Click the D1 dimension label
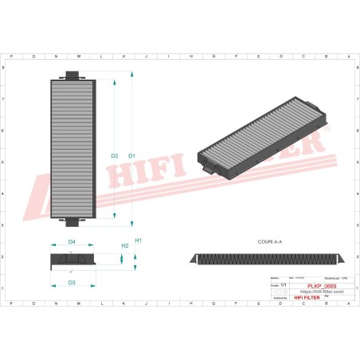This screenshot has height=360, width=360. [x=132, y=155]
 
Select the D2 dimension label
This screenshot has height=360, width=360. [x=115, y=155]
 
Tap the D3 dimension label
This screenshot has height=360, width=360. [x=72, y=283]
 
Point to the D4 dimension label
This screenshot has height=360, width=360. [x=72, y=241]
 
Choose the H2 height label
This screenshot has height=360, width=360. [x=124, y=247]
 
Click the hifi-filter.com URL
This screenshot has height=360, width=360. [x=318, y=292]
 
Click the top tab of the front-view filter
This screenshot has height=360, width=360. [x=71, y=76]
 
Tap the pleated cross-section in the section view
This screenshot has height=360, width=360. [x=268, y=260]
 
